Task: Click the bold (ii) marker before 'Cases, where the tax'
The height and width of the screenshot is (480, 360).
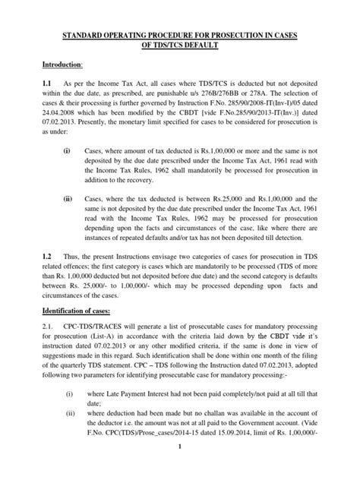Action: (x=68, y=194)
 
